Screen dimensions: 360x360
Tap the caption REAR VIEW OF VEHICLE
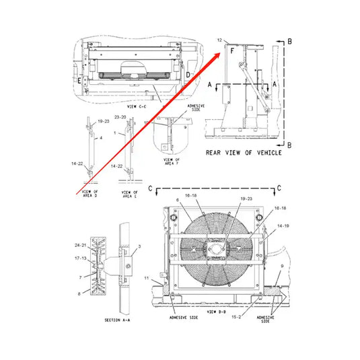click(243, 153)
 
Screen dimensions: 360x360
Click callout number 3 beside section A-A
click(139, 248)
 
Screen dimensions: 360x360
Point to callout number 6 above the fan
click(177, 201)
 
